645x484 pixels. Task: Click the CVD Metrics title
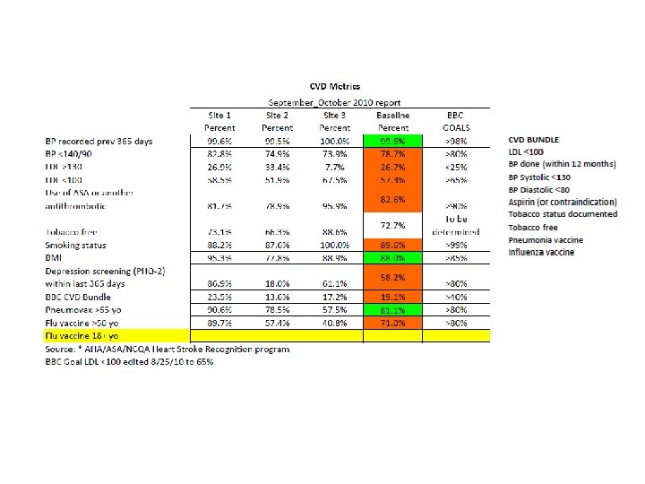[x=334, y=87]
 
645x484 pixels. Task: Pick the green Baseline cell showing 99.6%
[x=392, y=141]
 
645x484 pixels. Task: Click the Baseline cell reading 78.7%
[x=392, y=153]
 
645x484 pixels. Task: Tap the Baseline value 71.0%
[x=392, y=321]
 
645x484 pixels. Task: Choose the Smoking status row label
[x=76, y=244]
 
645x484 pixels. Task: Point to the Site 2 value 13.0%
[x=277, y=296]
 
